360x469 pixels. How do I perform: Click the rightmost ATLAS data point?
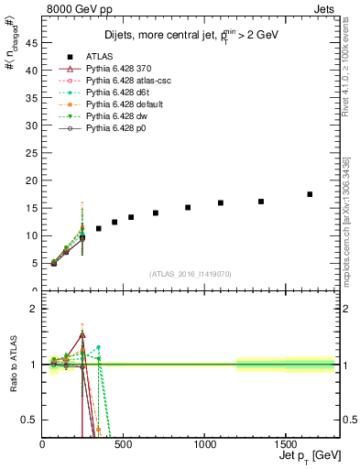(310, 194)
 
